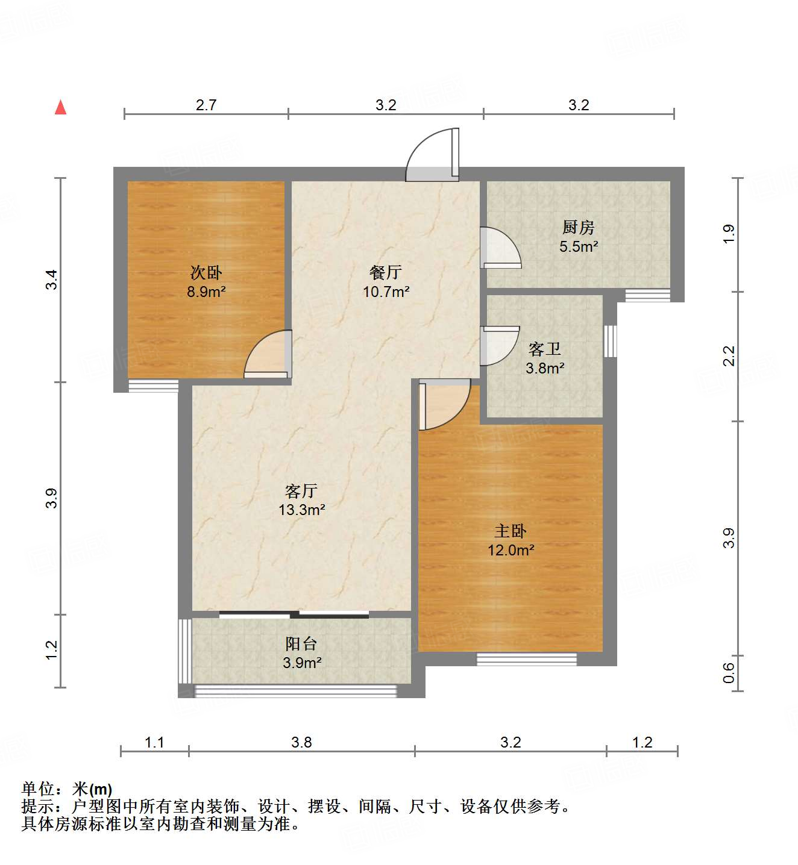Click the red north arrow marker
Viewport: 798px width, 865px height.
[x=60, y=107]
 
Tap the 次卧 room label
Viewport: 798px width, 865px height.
[x=206, y=273]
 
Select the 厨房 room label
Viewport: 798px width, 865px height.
[x=578, y=228]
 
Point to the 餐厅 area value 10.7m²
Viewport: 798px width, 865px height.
[x=386, y=292]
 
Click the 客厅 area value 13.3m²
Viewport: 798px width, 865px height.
[x=301, y=510]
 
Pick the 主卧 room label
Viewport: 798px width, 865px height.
[x=511, y=531]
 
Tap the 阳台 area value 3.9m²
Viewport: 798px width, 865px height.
[x=301, y=663]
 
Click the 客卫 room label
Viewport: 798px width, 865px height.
[x=544, y=349]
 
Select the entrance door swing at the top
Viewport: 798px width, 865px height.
[x=433, y=156]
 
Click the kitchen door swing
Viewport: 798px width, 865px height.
[x=500, y=248]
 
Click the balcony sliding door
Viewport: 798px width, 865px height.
[x=294, y=614]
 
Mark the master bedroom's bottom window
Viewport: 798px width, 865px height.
[x=527, y=659]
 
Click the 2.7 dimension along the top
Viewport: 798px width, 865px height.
[x=206, y=105]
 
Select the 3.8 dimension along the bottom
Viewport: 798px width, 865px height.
[x=301, y=742]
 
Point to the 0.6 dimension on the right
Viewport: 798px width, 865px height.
[x=729, y=672]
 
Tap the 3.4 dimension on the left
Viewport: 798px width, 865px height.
[x=52, y=279]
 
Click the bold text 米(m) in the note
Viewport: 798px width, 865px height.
[x=92, y=789]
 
